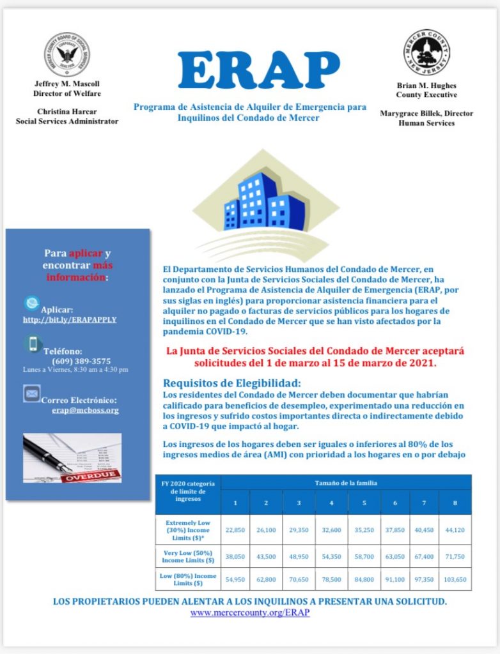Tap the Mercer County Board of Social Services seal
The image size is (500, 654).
click(x=66, y=54)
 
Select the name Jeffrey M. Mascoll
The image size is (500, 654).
click(x=67, y=84)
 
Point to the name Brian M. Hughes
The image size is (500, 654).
click(x=426, y=86)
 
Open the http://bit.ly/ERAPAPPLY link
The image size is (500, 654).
click(x=70, y=319)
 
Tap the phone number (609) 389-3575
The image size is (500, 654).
click(x=81, y=361)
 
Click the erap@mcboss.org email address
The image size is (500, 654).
click(x=85, y=410)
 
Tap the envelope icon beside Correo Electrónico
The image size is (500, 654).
click(x=32, y=393)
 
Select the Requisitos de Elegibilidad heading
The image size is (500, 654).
click(x=231, y=383)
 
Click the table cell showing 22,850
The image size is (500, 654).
click(x=235, y=529)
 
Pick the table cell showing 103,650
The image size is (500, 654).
click(x=455, y=579)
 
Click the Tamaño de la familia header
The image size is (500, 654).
click(x=346, y=483)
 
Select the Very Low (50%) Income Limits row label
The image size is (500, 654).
click(x=188, y=556)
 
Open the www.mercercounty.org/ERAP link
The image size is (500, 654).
click(x=250, y=612)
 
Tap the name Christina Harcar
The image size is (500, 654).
click(x=67, y=112)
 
